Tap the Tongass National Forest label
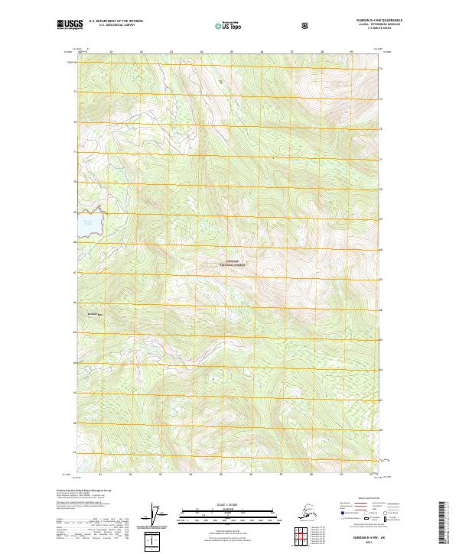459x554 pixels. coord(230,263)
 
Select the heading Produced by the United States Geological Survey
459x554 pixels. coord(83,490)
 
